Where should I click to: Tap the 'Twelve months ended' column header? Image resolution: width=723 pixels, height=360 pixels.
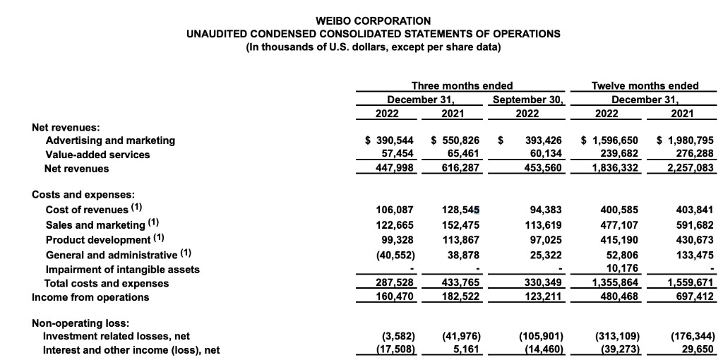point(645,85)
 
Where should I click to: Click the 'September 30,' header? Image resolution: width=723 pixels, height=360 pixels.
point(528,99)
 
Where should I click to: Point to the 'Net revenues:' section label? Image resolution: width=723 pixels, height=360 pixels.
point(66,127)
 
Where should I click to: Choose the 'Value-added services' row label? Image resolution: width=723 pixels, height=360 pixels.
point(97,155)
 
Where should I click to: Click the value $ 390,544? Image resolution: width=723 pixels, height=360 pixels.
point(389,140)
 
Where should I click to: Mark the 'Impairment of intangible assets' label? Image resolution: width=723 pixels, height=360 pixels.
point(122,269)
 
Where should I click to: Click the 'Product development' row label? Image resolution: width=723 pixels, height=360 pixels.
point(97,240)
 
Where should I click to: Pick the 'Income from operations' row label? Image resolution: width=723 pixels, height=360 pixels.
point(90,296)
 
